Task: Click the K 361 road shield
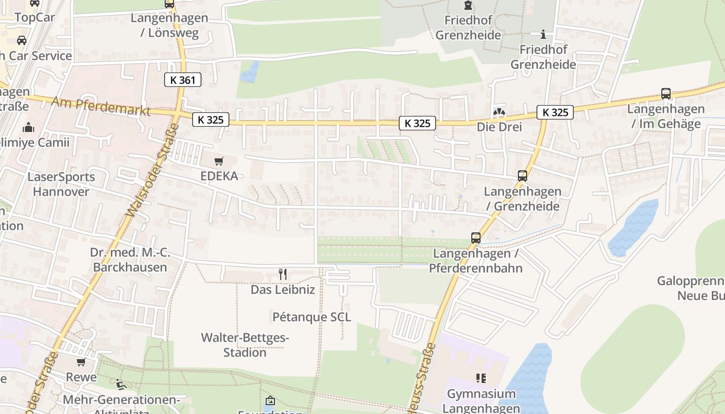click(x=182, y=80)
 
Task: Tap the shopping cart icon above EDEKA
click(x=219, y=161)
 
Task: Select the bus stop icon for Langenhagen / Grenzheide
click(x=522, y=176)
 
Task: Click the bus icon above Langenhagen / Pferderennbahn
click(x=475, y=238)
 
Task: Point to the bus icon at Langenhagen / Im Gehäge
click(x=666, y=94)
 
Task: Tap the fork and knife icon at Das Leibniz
click(x=283, y=274)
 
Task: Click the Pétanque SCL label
click(x=312, y=317)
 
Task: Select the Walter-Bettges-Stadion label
click(x=245, y=345)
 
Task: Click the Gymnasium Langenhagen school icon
click(x=481, y=378)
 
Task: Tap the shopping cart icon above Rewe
click(x=81, y=362)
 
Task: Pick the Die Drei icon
click(x=499, y=112)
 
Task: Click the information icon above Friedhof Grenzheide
click(x=543, y=35)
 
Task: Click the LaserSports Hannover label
click(x=61, y=184)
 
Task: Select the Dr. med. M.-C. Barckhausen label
click(x=130, y=260)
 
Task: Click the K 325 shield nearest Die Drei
click(x=555, y=112)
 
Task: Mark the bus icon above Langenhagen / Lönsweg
click(x=169, y=4)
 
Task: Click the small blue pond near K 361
click(x=250, y=73)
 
